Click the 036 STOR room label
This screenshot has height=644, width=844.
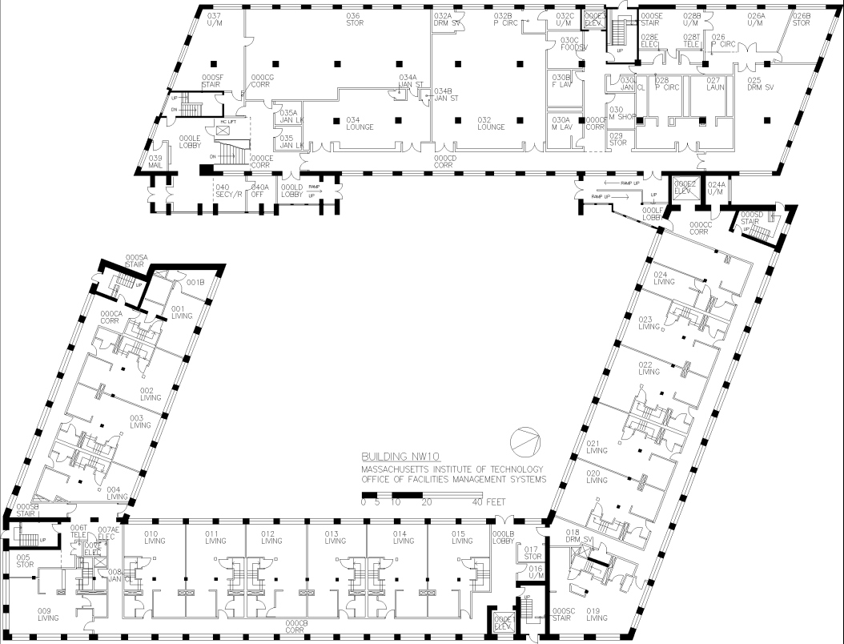coord(354,19)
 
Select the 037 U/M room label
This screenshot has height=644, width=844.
coord(214,19)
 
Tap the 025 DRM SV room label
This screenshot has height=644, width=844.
coord(761,83)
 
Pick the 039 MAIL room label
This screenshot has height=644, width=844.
coord(155,162)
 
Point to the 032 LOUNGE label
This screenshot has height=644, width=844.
coord(490,123)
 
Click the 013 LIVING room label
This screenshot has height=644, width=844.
coord(335,537)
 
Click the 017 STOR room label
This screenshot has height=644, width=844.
coord(533,553)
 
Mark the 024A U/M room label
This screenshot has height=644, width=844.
coord(716,188)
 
